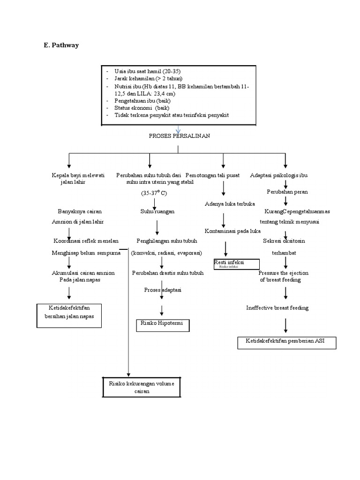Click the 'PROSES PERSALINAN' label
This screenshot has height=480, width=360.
coord(179,136)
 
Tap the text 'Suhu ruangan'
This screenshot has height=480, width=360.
coord(157,212)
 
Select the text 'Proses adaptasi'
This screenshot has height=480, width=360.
coord(162,290)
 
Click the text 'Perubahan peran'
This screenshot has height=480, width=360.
coord(287,192)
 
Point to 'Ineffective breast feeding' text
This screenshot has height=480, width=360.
coord(277,308)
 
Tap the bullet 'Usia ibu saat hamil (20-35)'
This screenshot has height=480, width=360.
coord(147,70)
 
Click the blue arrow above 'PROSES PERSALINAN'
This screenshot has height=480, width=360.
coord(178,129)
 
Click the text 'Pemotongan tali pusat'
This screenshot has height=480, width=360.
coord(212,175)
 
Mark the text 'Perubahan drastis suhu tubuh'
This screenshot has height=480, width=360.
coord(168,273)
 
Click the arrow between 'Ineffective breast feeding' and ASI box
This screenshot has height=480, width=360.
coord(286,325)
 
